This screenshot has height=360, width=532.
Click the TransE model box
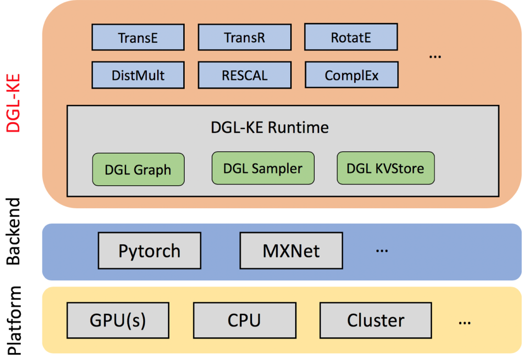(x=138, y=38)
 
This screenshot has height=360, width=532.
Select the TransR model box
(x=244, y=38)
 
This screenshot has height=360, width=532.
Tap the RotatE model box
(x=351, y=38)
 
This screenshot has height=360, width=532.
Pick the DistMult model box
(x=138, y=75)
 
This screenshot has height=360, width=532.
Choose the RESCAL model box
(x=244, y=75)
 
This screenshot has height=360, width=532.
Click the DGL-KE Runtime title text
(x=269, y=128)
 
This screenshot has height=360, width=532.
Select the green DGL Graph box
(x=138, y=169)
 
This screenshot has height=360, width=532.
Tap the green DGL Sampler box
(x=263, y=168)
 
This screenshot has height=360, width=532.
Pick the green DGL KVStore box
(x=385, y=168)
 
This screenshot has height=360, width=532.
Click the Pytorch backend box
(x=149, y=251)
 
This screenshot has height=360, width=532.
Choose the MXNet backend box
(x=291, y=251)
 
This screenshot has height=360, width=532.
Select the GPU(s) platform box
(x=118, y=320)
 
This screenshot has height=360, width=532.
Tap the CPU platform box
(x=244, y=320)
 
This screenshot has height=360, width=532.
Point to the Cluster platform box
(x=375, y=320)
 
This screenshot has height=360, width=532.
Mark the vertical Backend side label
(x=15, y=231)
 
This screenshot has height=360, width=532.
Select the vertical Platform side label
(x=15, y=320)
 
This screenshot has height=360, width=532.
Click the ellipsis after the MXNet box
(x=382, y=251)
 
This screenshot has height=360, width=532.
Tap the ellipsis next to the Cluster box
(x=465, y=323)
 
